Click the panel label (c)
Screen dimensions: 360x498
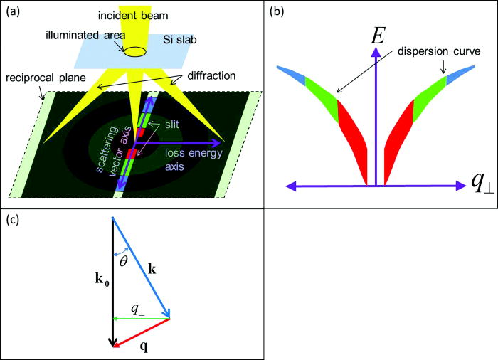pos(13,219)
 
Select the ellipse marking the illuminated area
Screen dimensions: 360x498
pos(136,51)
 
